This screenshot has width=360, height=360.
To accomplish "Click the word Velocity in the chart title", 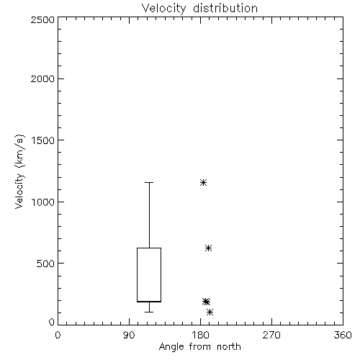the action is (x=163, y=9).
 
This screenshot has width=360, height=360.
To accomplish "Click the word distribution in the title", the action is (x=225, y=8).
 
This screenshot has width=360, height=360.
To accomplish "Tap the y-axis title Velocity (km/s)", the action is (x=19, y=171).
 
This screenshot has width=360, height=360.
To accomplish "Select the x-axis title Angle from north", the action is (x=199, y=347).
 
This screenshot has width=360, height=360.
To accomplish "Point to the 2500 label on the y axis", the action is (x=42, y=19).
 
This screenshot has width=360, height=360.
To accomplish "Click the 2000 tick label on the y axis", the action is (x=42, y=78).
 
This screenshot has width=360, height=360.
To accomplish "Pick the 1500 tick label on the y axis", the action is (x=43, y=140).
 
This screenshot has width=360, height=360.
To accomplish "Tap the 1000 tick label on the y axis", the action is (x=43, y=202).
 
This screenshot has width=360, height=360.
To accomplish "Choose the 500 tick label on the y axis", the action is (x=46, y=264).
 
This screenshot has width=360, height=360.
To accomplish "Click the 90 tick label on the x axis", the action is (x=129, y=335).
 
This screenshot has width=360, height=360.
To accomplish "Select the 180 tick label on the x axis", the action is (x=200, y=335).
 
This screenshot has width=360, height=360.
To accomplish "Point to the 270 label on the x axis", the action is (x=271, y=335).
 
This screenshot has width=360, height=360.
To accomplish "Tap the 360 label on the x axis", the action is (x=343, y=335).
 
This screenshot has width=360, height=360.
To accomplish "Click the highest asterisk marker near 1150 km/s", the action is (x=203, y=183).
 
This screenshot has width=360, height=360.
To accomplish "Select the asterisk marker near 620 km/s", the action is (x=208, y=248).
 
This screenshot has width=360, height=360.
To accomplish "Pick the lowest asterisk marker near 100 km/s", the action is (x=210, y=312).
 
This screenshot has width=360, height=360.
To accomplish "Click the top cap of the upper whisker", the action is (x=149, y=183).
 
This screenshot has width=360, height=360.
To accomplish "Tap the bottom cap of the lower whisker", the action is (x=149, y=312).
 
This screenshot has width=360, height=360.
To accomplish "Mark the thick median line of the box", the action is (x=149, y=302).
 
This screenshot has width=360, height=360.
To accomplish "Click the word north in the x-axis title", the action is (x=229, y=347).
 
